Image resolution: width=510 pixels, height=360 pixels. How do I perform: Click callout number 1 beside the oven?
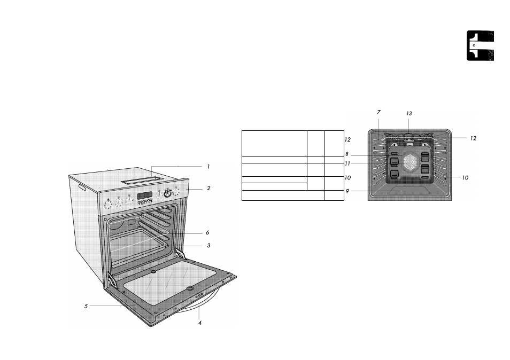coord(208,167)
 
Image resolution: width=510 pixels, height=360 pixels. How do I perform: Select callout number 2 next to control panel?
coord(208,188)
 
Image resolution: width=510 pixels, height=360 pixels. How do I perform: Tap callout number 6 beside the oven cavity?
coord(207,233)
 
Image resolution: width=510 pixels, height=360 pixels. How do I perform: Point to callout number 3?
coord(208,246)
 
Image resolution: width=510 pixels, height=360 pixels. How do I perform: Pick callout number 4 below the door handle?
coord(200,323)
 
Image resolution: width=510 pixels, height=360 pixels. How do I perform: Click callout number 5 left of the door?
coord(86,306)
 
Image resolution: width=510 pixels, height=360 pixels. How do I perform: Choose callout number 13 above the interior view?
coord(409,113)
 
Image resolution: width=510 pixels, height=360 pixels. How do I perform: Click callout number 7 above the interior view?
coord(378,112)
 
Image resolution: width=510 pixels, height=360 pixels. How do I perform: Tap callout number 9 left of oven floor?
coord(347,191)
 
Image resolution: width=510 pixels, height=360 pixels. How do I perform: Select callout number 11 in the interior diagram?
coord(347,164)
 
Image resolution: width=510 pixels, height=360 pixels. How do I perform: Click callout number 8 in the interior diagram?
coord(347,154)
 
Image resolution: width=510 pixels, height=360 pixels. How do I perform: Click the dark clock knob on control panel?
coord(167,194)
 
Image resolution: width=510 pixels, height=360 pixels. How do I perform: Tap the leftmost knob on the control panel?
coord(108,205)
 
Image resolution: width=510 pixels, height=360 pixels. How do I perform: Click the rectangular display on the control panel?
coord(145,196)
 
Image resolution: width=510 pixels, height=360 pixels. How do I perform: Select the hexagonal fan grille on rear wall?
coord(410,162)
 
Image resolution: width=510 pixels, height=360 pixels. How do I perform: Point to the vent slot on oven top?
coord(142,180)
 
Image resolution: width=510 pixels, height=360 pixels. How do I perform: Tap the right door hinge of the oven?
coord(180,253)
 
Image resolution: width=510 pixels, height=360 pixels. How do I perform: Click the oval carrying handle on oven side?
coord(82,189)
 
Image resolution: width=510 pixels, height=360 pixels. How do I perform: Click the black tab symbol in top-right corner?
coord(481,45)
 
